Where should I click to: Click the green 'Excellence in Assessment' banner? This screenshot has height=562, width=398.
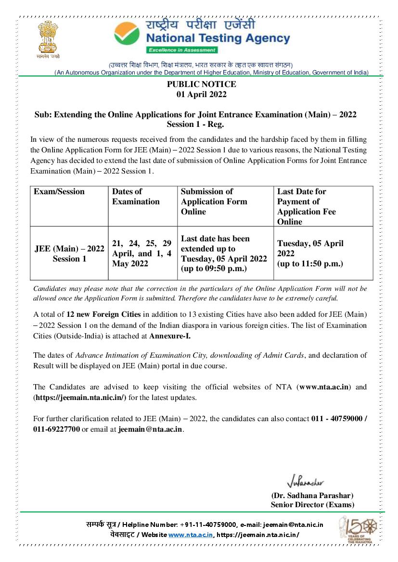[182, 50]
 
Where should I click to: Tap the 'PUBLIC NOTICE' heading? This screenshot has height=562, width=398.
[201, 85]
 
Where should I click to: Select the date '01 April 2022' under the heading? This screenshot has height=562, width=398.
[201, 95]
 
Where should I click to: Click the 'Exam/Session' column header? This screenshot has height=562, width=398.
[59, 192]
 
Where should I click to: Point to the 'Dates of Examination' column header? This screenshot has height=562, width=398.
[136, 197]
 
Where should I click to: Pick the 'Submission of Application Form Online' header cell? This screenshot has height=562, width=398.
[214, 201]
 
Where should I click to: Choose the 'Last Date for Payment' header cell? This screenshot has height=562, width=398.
[306, 206]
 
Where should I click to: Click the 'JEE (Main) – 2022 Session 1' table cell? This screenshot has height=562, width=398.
[69, 253]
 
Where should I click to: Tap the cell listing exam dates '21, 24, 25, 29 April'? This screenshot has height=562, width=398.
[141, 253]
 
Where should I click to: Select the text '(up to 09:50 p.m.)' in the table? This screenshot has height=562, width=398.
[214, 269]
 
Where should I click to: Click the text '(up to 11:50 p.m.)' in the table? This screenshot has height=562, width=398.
[310, 263]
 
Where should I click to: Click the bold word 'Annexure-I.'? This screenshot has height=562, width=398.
[169, 336]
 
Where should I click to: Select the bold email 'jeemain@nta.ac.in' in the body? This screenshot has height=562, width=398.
[150, 429]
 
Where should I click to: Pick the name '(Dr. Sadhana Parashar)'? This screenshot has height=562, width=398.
[312, 495]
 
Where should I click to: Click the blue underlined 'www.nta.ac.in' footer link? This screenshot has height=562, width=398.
[191, 535]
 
